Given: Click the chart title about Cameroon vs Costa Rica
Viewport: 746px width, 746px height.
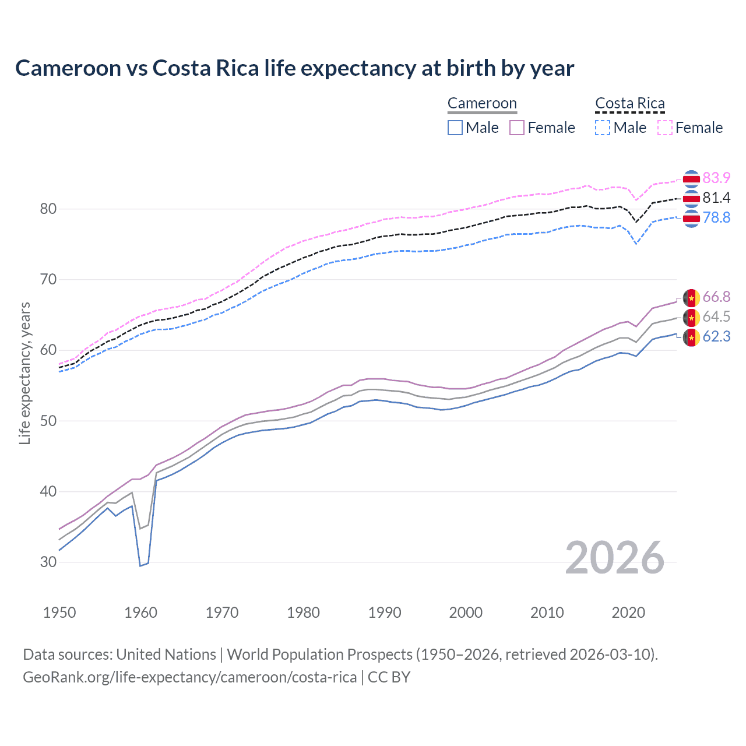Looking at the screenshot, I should [294, 68].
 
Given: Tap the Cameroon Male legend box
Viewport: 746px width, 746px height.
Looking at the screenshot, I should [455, 128].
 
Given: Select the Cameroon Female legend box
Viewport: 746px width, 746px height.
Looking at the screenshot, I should [517, 128].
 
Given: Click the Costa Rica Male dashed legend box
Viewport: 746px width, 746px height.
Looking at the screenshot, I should [603, 128].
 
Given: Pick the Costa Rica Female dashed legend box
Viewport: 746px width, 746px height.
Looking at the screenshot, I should [665, 128].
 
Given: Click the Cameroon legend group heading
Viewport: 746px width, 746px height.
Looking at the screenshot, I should [482, 104].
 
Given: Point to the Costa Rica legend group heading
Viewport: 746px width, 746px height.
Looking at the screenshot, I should [629, 104].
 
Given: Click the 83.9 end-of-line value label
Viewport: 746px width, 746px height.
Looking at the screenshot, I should [716, 178].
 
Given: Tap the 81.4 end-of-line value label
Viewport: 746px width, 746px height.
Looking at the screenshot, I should [716, 198].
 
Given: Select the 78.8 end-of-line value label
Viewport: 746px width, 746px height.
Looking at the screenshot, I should [716, 218].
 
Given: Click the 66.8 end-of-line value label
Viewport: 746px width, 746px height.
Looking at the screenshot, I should [716, 297].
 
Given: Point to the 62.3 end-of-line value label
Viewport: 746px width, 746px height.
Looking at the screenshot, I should [716, 337].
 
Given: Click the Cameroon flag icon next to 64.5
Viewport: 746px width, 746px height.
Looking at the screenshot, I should [691, 318].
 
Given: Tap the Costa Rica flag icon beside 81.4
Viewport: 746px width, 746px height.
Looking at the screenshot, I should [691, 199].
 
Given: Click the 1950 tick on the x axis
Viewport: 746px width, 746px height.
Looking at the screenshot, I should [59, 613].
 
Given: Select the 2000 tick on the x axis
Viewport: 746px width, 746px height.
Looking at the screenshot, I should [466, 613].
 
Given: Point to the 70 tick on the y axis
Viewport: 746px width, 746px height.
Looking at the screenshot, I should [48, 280].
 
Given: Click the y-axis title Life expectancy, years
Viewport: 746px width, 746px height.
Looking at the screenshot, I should [25, 373].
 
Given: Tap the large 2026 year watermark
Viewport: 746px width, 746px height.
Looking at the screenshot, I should [615, 558].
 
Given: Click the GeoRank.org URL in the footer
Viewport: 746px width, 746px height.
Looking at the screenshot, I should [189, 677].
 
